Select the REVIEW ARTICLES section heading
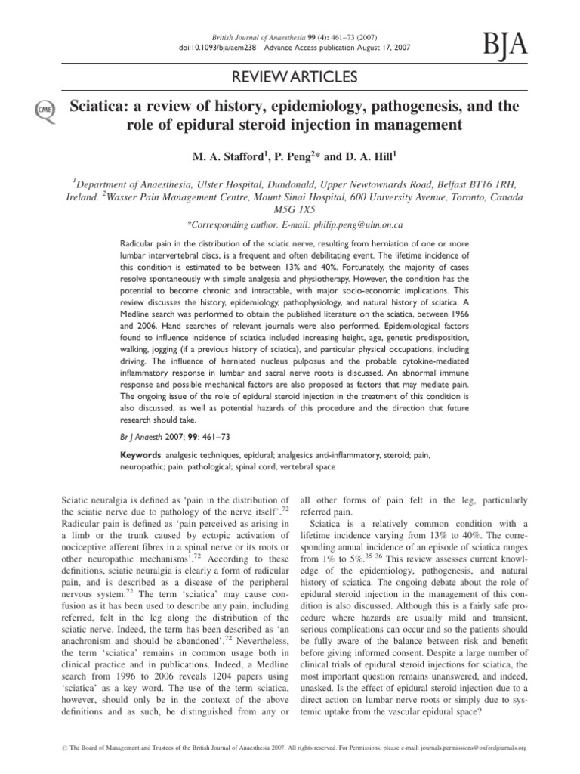tap(289, 76)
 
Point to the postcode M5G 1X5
tap(289, 209)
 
